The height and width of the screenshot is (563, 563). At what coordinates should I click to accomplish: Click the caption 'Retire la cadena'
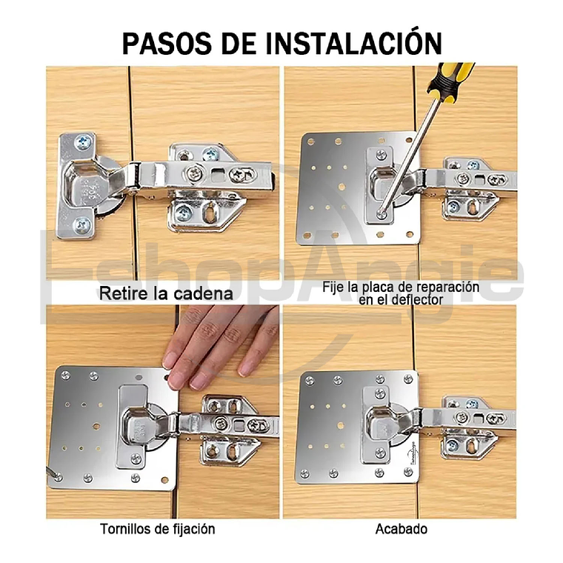coord(166,293)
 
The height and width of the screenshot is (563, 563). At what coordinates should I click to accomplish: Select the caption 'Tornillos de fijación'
coord(158,529)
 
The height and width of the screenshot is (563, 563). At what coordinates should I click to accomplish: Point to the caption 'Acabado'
coord(401,529)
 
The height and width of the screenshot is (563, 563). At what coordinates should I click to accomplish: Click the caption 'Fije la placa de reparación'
coord(401,287)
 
